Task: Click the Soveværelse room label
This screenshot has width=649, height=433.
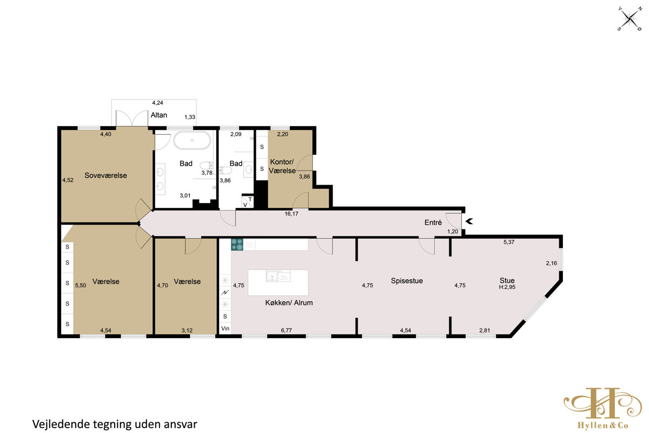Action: [105, 175]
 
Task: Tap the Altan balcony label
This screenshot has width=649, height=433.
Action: [159, 115]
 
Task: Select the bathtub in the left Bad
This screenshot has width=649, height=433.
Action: [192, 141]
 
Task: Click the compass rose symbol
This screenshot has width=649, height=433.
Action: [630, 19]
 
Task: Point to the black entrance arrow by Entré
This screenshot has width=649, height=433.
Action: [469, 221]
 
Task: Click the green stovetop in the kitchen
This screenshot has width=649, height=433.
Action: [237, 245]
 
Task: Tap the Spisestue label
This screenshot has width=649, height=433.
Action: [407, 281]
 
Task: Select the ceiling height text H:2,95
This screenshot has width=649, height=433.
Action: [507, 287]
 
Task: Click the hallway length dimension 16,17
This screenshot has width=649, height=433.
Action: [291, 214]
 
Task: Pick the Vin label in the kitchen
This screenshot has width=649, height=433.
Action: [225, 329]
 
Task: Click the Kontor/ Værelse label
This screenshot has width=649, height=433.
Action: [282, 166]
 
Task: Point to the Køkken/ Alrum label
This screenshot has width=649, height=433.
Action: [289, 303]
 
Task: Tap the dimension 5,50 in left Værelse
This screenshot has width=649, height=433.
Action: [81, 285]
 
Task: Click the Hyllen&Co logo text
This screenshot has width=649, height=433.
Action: [602, 425]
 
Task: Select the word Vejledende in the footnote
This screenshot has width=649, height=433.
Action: [61, 424]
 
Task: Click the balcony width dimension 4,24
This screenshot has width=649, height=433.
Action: [157, 103]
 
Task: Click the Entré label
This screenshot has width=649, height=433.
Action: [433, 222]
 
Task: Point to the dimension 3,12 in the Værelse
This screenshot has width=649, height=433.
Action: [187, 330]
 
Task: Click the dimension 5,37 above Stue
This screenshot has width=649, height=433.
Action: [509, 242]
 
